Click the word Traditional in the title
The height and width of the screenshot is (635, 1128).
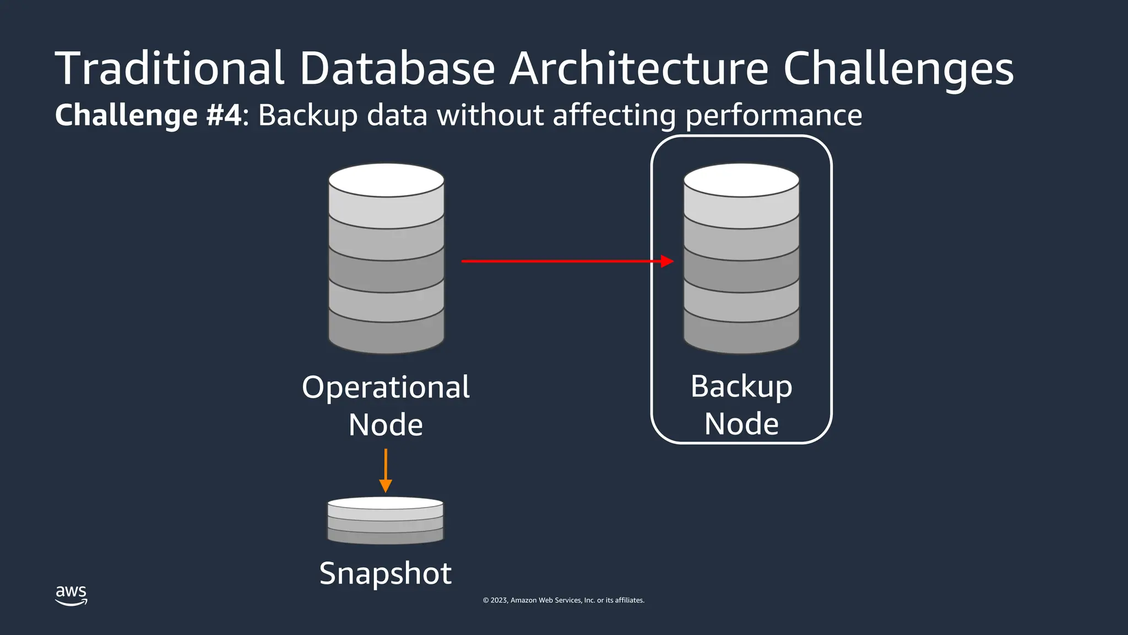pos(170,68)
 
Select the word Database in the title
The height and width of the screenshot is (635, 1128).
pos(397,68)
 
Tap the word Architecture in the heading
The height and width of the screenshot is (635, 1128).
pos(639,68)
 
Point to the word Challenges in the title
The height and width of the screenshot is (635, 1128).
pos(898,69)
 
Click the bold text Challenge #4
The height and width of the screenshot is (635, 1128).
pos(148,115)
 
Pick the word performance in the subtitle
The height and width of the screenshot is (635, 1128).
pos(774,116)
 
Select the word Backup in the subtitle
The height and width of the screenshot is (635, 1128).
pos(308,116)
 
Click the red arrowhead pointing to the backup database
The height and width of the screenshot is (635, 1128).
pos(667,261)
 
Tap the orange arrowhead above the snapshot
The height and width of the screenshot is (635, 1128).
pos(386,486)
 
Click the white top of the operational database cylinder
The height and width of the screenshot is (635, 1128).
pos(386,180)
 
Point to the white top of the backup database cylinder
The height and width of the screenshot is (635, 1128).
pos(741,180)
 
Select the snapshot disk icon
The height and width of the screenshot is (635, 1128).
pos(386,520)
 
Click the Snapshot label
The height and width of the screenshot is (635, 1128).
pos(386,573)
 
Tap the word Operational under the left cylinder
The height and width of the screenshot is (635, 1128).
pos(386,387)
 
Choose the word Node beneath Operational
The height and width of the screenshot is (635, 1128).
pos(386,425)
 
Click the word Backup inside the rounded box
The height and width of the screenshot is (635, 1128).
pos(741,386)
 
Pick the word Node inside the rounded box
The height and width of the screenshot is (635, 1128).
pos(741,424)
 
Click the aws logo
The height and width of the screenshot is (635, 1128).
pos(71,595)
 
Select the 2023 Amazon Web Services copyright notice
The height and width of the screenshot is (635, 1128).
pos(563,600)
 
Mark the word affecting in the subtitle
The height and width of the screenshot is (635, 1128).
pos(614,116)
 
